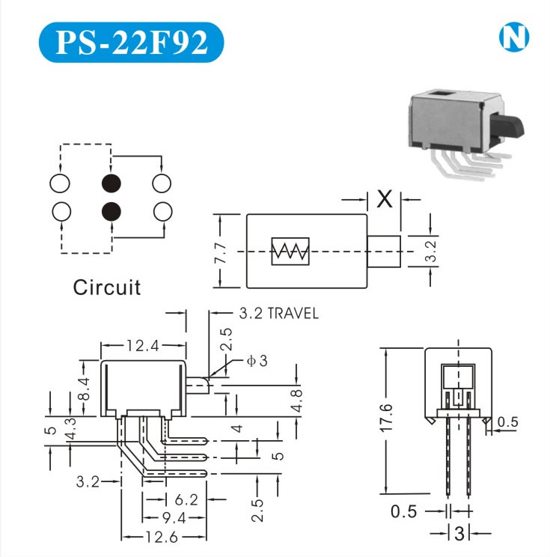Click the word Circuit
click(x=106, y=287)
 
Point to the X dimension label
click(x=385, y=199)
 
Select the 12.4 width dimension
click(x=144, y=346)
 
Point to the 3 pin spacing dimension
click(x=459, y=533)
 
